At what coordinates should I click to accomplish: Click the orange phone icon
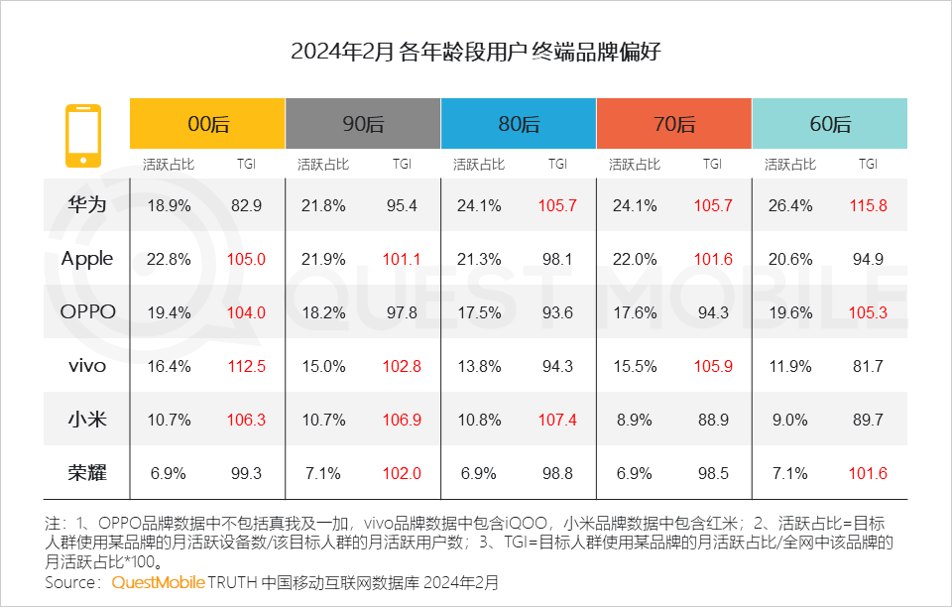(x=82, y=135)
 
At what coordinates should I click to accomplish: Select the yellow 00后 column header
(x=207, y=124)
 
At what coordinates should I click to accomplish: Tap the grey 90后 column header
(x=363, y=124)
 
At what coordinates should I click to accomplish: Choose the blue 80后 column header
(x=519, y=124)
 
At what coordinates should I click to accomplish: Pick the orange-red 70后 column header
(x=674, y=124)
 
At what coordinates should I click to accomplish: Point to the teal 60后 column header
(x=830, y=124)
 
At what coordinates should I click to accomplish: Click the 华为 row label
(x=87, y=205)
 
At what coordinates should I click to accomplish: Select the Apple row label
(x=87, y=259)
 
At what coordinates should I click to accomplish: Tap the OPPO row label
(x=87, y=311)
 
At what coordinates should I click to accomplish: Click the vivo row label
(x=87, y=366)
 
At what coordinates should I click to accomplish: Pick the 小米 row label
(x=87, y=420)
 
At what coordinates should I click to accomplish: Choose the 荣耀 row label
(x=87, y=473)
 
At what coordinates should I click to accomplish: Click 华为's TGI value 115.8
(x=868, y=206)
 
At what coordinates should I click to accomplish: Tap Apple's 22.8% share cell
(x=169, y=260)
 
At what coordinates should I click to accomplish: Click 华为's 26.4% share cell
(x=790, y=206)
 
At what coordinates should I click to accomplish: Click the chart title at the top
(x=476, y=53)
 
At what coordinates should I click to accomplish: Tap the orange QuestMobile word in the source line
(x=159, y=581)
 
